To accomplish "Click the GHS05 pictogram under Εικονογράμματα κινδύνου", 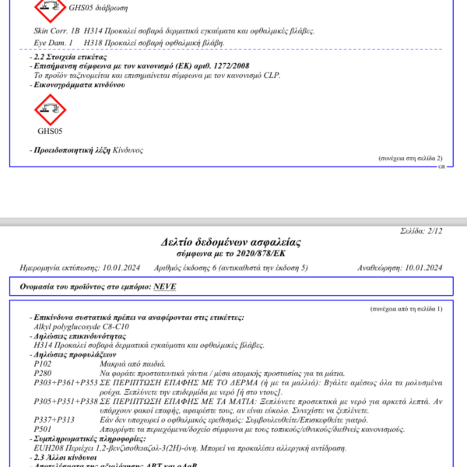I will tap(49, 108).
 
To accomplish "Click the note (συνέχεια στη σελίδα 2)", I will tap(410, 157).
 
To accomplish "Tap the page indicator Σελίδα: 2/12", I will tap(420, 231).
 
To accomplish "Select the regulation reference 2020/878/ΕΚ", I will tap(262, 254).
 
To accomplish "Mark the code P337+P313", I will tap(54, 419).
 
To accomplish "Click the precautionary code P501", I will tap(44, 429).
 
